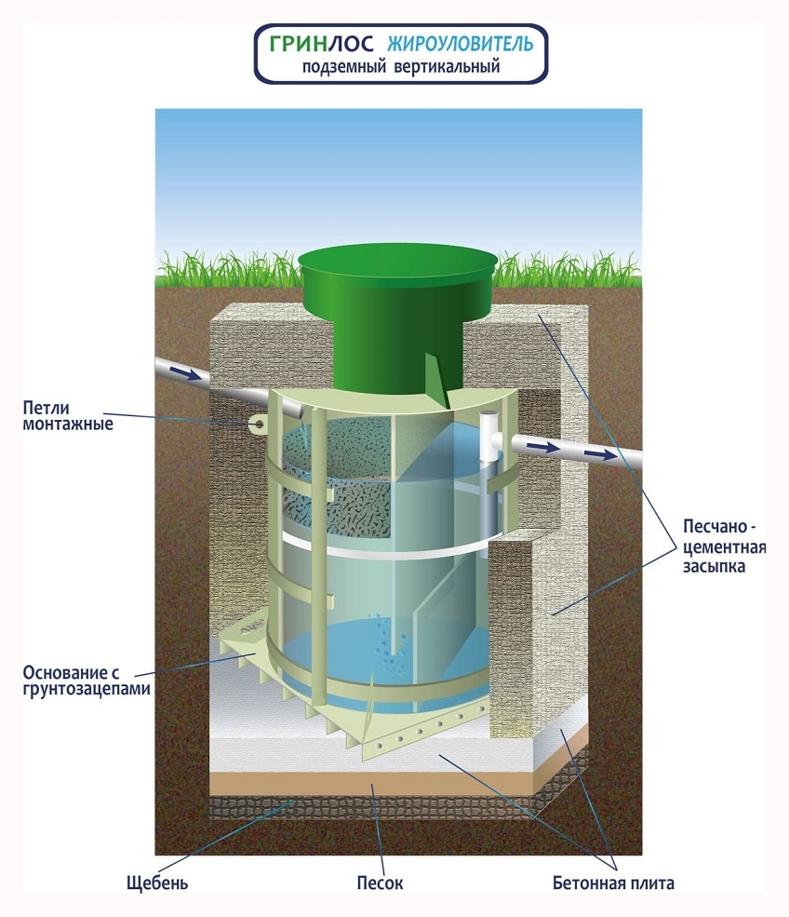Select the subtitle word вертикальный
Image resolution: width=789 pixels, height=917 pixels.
click(453, 67)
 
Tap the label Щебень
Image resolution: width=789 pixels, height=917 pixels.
click(157, 883)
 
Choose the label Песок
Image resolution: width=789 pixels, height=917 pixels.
click(380, 883)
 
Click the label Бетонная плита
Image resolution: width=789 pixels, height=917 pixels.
click(612, 883)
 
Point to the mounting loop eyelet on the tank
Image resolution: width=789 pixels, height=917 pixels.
click(259, 425)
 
